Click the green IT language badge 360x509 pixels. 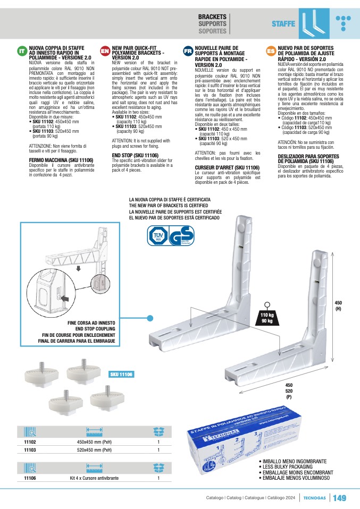click(x=21, y=51)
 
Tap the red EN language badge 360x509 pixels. click(x=105, y=51)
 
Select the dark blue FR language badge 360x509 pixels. click(x=188, y=51)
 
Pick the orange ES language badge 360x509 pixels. click(x=270, y=51)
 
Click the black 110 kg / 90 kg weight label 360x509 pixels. click(x=266, y=318)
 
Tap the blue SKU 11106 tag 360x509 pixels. click(x=122, y=375)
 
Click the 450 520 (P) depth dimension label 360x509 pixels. click(x=289, y=391)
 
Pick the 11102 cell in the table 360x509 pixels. click(x=30, y=442)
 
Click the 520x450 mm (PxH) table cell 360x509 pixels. click(x=94, y=450)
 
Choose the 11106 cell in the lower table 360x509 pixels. click(x=30, y=478)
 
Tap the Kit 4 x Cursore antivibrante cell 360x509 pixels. click(x=94, y=478)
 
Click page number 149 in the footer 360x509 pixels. click(x=340, y=498)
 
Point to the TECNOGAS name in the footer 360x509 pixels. click(x=315, y=498)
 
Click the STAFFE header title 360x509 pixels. click(x=283, y=24)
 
